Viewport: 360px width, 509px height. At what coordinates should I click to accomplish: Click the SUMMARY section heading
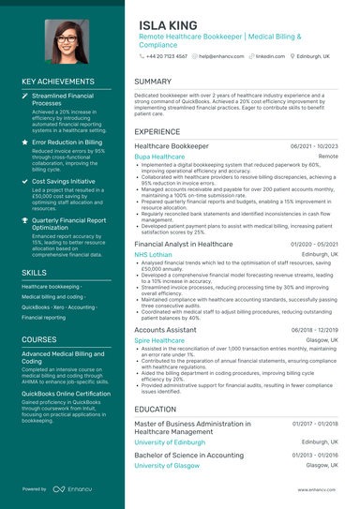coord(153,82)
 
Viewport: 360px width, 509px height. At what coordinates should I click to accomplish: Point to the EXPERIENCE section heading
coord(157,132)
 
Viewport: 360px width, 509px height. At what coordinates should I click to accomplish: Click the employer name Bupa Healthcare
coord(159,157)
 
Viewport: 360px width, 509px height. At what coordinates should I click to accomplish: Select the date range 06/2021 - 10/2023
coord(314,147)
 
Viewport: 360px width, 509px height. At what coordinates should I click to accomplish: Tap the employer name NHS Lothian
coord(154,254)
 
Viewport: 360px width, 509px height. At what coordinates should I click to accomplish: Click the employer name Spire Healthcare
coord(159,340)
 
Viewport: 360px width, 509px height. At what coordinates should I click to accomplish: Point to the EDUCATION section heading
coord(156,409)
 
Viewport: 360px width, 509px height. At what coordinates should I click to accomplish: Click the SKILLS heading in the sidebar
coord(34,272)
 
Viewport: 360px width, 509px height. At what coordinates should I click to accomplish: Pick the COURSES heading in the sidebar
coord(39,338)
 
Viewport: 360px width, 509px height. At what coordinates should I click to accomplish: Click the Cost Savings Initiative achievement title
coord(63,181)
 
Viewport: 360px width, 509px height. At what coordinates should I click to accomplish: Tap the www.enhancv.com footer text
coord(318,489)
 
